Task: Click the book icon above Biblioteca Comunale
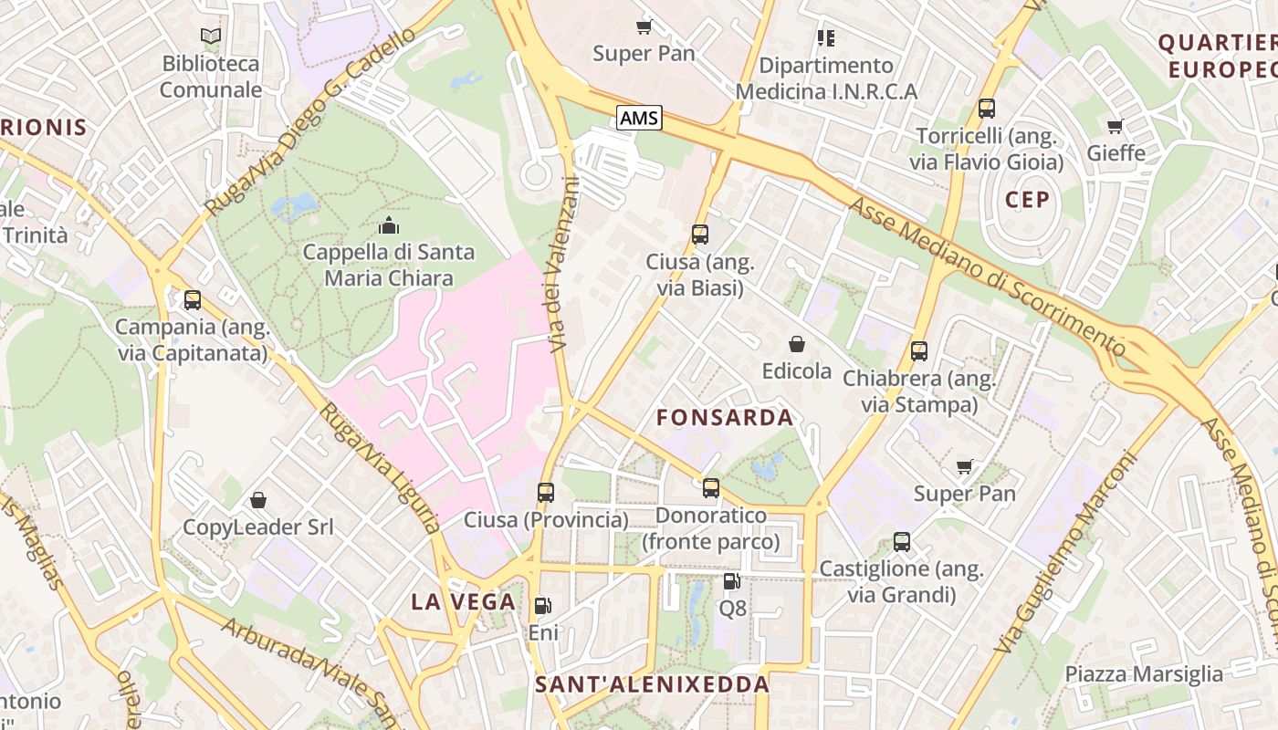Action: pos(211,36)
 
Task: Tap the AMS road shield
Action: pos(639,118)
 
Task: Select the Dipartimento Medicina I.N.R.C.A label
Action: pos(826,78)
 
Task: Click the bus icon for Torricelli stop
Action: pos(986,109)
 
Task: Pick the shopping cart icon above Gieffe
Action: pos(1115,126)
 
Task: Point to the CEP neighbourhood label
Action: pos(1027,200)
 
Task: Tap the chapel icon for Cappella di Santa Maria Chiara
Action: pos(389,224)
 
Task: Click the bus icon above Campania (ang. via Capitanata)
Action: pos(193,300)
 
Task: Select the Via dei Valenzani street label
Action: pos(561,265)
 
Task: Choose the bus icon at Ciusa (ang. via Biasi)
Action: pos(700,235)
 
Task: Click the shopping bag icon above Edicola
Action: pos(797,344)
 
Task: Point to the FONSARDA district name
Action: pos(725,418)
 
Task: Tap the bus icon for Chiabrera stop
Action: pos(919,351)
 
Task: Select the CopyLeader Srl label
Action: pos(258,527)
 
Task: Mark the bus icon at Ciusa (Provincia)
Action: pos(546,493)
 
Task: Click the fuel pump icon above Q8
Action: pos(731,581)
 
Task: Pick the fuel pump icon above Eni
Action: pos(542,606)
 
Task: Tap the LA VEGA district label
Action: pos(463,602)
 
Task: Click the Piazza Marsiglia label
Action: pos(1144,674)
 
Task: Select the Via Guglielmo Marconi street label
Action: pos(1065,552)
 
